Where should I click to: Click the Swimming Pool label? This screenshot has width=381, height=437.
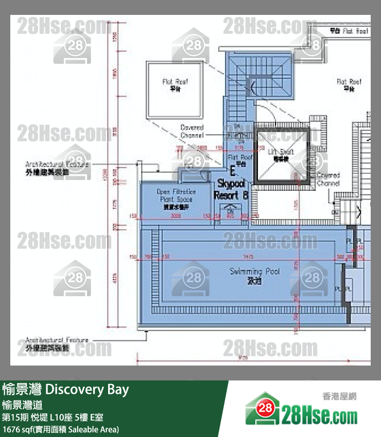254,271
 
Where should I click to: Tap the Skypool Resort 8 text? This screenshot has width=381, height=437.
231,189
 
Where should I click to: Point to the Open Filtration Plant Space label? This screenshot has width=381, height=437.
175,196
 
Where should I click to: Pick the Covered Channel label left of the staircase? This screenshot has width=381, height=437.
192,131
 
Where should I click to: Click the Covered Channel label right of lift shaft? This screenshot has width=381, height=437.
328,179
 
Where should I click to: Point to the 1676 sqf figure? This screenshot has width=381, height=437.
14,429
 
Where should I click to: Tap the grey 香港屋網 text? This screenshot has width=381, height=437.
339,396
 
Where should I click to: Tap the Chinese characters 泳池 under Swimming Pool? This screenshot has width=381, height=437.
254,281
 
